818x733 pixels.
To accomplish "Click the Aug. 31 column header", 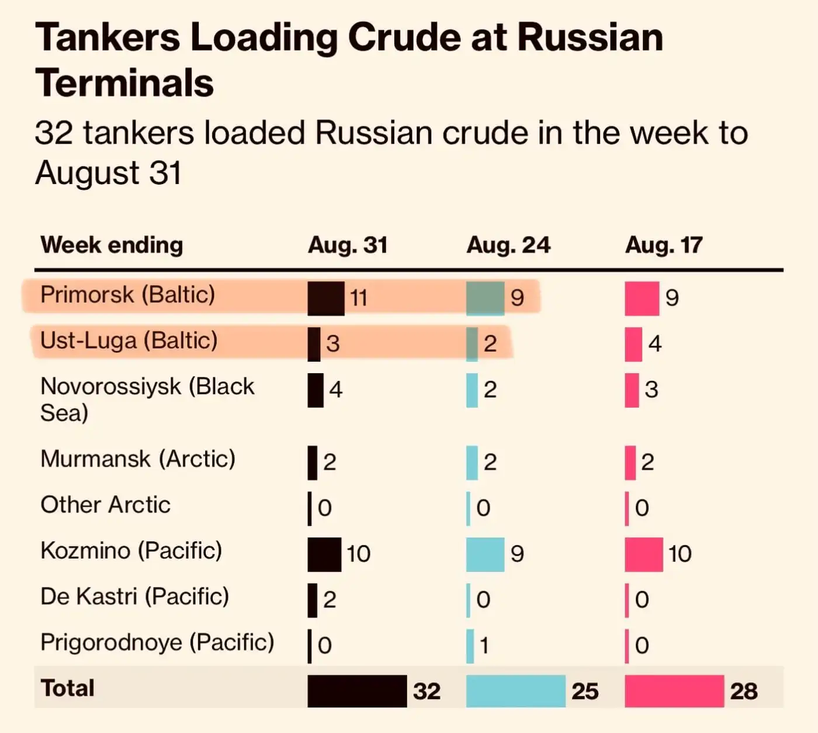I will pyautogui.click(x=348, y=245).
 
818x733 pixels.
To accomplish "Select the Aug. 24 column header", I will pyautogui.click(x=508, y=245).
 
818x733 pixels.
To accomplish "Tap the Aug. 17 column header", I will pyautogui.click(x=663, y=245).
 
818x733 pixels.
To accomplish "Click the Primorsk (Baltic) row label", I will pyautogui.click(x=127, y=294).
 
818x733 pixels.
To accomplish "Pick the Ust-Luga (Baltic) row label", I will pyautogui.click(x=129, y=341).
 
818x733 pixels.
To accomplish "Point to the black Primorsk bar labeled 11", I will pyautogui.click(x=325, y=298).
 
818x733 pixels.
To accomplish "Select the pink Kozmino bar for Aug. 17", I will pyautogui.click(x=643, y=554).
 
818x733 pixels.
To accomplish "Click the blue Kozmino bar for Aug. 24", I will pyautogui.click(x=485, y=554).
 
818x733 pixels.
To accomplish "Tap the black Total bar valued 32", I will pyautogui.click(x=357, y=691).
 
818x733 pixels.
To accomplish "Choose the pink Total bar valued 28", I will pyautogui.click(x=674, y=691).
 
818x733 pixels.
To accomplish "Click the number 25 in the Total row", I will pyautogui.click(x=584, y=692).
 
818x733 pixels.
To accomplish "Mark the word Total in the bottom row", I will pyautogui.click(x=67, y=688).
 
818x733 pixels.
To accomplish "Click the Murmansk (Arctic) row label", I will pyautogui.click(x=138, y=459).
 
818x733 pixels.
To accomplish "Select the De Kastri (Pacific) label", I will pyautogui.click(x=134, y=596).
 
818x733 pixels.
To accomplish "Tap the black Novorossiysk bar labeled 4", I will pyautogui.click(x=316, y=390).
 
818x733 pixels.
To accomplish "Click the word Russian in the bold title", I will pyautogui.click(x=590, y=37).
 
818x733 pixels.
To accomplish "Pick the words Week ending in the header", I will pyautogui.click(x=112, y=245).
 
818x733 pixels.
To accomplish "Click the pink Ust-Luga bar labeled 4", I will pyautogui.click(x=633, y=344).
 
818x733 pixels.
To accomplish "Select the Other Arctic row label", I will pyautogui.click(x=105, y=505).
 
